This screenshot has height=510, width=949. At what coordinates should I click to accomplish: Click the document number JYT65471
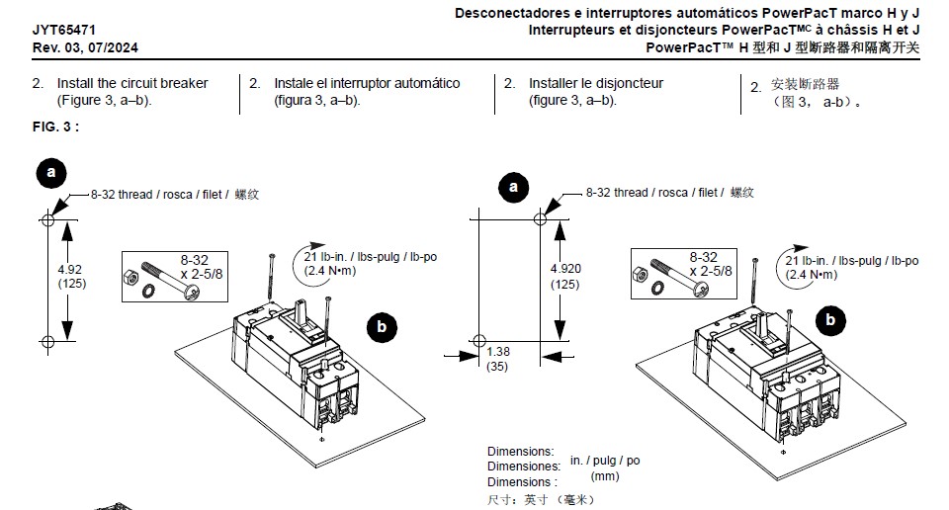pyautogui.click(x=64, y=30)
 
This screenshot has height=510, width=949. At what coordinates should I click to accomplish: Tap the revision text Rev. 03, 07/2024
pyautogui.click(x=85, y=47)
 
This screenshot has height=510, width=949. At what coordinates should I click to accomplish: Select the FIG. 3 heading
pyautogui.click(x=55, y=127)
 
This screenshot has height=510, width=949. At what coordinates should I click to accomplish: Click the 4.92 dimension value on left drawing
pyautogui.click(x=70, y=269)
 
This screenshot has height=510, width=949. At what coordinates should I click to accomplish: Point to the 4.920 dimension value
pyautogui.click(x=565, y=269)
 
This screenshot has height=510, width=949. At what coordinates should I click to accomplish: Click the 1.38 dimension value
pyautogui.click(x=498, y=352)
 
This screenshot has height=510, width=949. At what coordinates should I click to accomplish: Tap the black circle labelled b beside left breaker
pyautogui.click(x=382, y=327)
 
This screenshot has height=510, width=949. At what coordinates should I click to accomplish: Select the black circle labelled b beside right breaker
pyautogui.click(x=830, y=320)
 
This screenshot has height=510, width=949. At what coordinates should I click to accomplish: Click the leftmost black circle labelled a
pyautogui.click(x=51, y=173)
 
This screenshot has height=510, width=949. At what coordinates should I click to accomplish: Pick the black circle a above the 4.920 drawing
pyautogui.click(x=513, y=187)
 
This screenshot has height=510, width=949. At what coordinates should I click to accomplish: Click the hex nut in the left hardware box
pyautogui.click(x=129, y=277)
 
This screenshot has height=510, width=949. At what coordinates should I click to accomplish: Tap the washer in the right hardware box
pyautogui.click(x=656, y=289)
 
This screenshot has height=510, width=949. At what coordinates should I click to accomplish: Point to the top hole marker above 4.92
pyautogui.click(x=47, y=219)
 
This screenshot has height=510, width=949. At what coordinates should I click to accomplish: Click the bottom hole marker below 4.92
pyautogui.click(x=47, y=342)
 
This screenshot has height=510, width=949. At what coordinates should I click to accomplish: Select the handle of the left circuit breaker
pyautogui.click(x=302, y=312)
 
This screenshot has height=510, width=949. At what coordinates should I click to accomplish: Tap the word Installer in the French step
pyautogui.click(x=554, y=83)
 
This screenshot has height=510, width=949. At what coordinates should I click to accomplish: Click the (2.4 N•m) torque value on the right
pyautogui.click(x=812, y=275)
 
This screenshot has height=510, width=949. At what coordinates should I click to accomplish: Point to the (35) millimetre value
pyautogui.click(x=497, y=367)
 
